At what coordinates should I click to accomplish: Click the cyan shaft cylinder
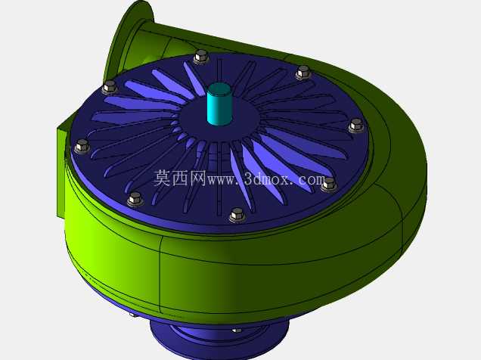coord(219,104)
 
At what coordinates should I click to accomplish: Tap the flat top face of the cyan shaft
coord(219,88)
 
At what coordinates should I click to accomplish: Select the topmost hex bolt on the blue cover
coord(201,57)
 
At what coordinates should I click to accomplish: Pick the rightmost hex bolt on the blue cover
coord(356,126)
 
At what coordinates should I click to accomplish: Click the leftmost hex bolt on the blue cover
coord(82,146)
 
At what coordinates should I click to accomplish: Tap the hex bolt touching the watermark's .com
coord(329,185)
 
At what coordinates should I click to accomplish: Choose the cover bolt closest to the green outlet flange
coord(110,87)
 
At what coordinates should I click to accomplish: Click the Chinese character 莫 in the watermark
coord(162,178)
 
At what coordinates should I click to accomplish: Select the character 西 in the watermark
coord(180,178)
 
